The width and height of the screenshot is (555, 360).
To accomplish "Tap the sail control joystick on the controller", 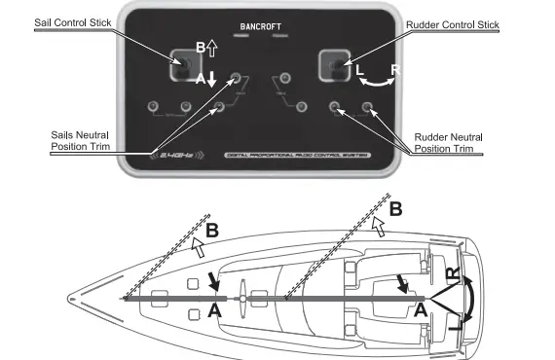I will [183, 66].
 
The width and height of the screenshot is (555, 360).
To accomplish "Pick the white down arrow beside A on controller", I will [212, 81].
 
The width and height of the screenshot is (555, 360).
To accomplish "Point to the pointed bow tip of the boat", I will [80, 298].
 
